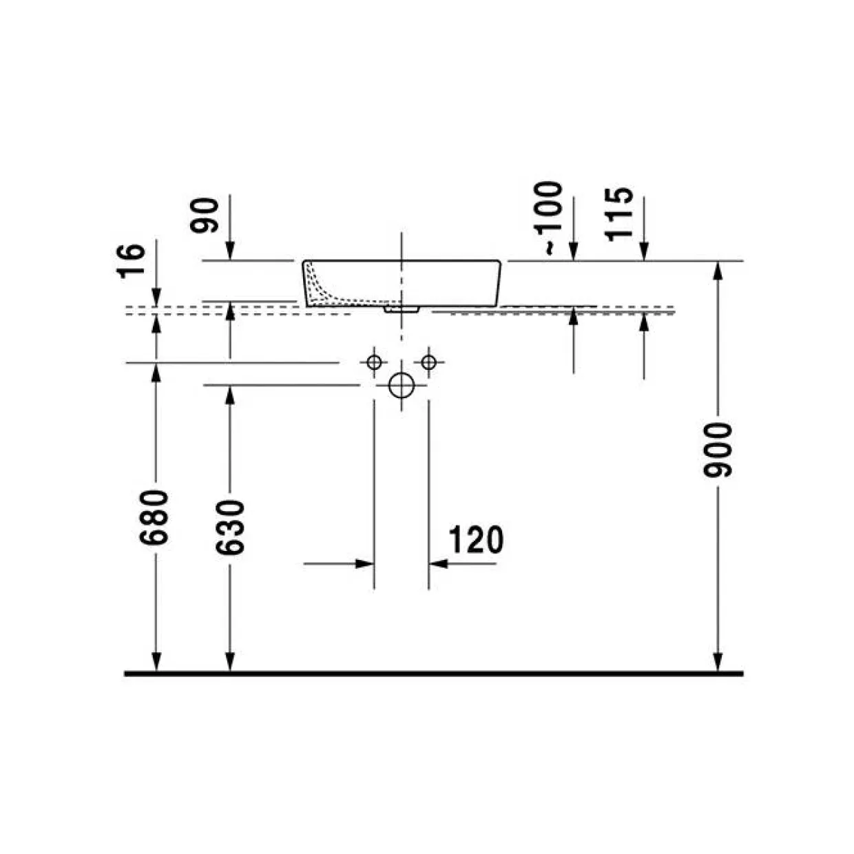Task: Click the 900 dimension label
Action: tap(718, 450)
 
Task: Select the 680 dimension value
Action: tap(154, 517)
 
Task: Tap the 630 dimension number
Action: tap(230, 528)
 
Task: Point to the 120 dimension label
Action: tap(477, 539)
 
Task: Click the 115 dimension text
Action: tap(619, 214)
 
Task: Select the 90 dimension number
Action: tap(205, 216)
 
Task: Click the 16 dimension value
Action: tap(131, 260)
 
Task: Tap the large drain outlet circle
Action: tap(402, 386)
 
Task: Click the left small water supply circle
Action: tap(375, 362)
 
